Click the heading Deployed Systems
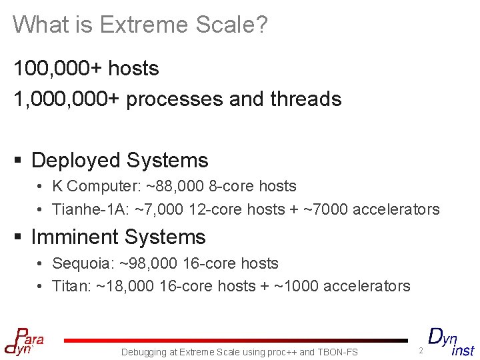click(x=120, y=161)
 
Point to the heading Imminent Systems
click(x=119, y=237)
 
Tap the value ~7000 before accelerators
click(x=325, y=209)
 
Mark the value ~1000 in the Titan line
click(x=296, y=287)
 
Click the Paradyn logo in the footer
click(x=24, y=341)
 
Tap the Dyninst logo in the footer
click(x=450, y=341)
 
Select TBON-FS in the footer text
click(x=337, y=352)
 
